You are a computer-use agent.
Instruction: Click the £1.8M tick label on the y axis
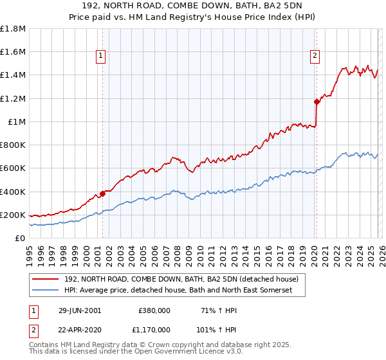coord(13,29)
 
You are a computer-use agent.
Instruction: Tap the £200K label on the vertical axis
coord(13,215)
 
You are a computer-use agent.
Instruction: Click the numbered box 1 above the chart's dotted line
coord(102,57)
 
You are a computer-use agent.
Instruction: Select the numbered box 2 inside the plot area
coord(315,57)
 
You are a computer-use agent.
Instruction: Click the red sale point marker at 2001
coord(102,194)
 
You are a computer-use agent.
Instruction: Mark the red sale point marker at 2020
coord(316,102)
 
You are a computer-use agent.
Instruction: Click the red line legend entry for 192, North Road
coord(181,280)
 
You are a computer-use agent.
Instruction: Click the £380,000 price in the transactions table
coord(154,310)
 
